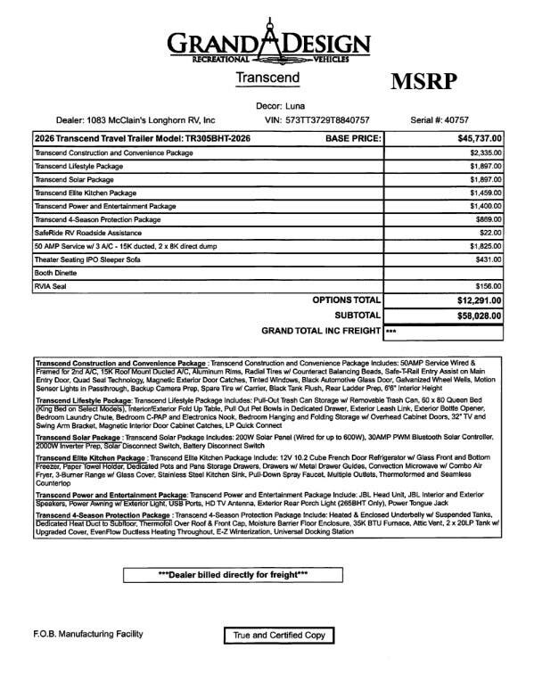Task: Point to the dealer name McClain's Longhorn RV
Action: click(x=160, y=119)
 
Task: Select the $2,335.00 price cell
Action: click(x=486, y=153)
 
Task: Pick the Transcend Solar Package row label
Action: click(x=72, y=179)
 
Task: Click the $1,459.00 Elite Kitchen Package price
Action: click(x=486, y=193)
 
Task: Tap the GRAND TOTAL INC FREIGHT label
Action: click(x=321, y=331)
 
